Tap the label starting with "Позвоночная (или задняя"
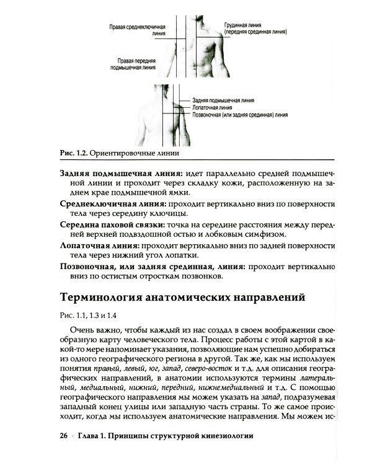[240, 115]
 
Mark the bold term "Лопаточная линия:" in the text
[99, 246]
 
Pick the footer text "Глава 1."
[94, 436]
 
